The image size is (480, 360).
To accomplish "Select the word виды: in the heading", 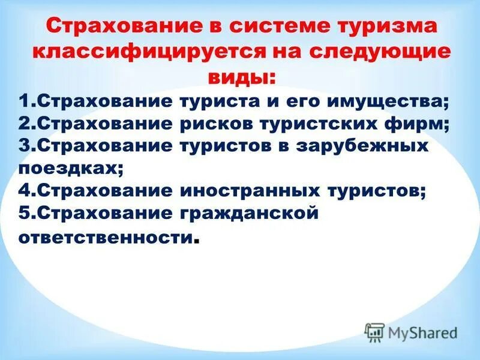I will click(242, 77).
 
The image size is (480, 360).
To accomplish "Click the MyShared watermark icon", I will click(375, 332).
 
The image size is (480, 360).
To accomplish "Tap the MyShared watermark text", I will click(422, 333).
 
